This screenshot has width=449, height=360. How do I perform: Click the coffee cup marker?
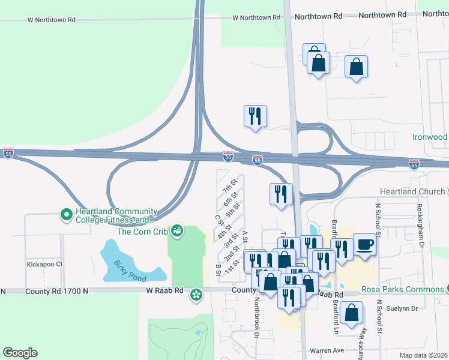364,244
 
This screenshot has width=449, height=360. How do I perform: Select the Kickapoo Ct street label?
44,263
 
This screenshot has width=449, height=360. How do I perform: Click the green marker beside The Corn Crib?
177,230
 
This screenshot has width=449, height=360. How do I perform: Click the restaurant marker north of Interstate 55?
256,115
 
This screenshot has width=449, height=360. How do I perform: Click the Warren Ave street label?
327,350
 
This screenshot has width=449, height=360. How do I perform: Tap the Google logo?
20,353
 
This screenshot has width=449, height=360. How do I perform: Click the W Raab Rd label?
164,290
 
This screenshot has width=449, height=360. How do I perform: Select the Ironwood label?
429,137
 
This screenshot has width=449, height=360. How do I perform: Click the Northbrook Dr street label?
256,316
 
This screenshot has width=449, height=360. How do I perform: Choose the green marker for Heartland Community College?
67,213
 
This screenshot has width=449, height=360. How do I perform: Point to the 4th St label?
224,230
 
